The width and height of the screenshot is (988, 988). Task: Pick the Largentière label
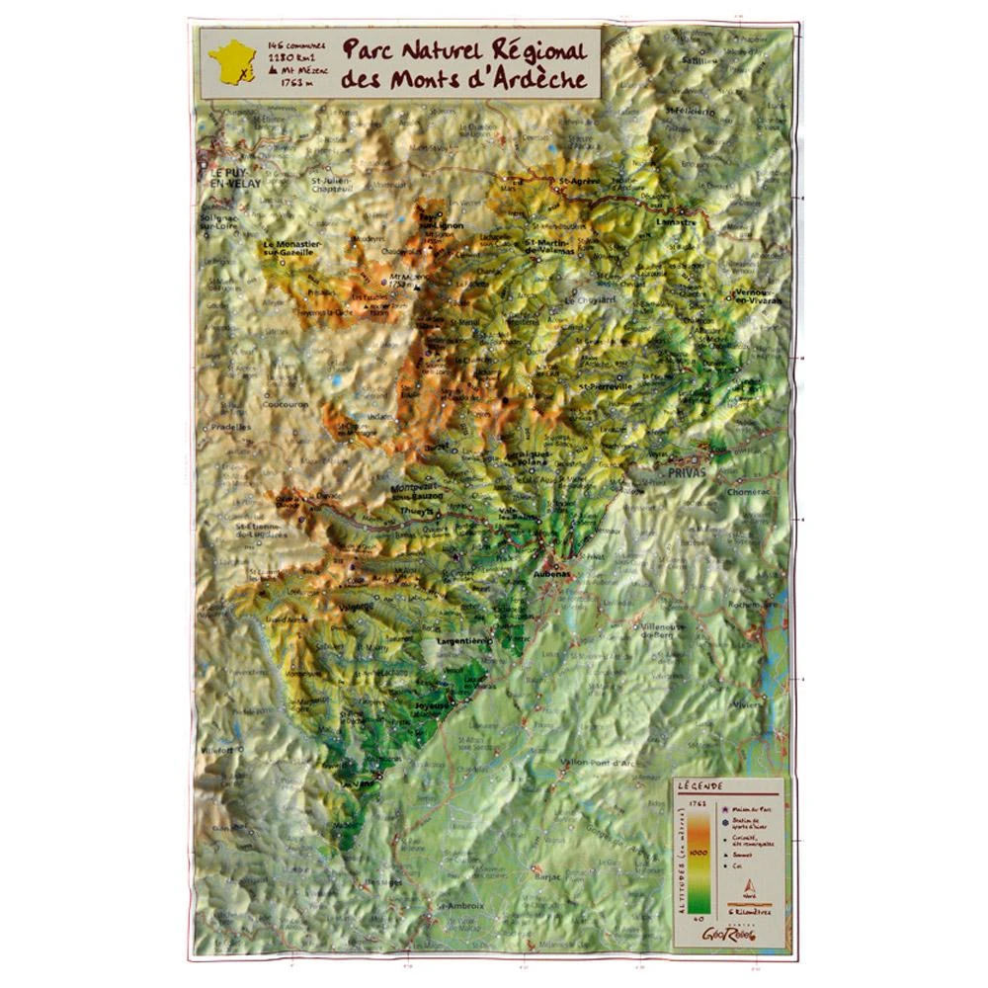[463, 641]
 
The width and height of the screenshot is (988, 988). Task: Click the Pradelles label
[229, 427]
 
